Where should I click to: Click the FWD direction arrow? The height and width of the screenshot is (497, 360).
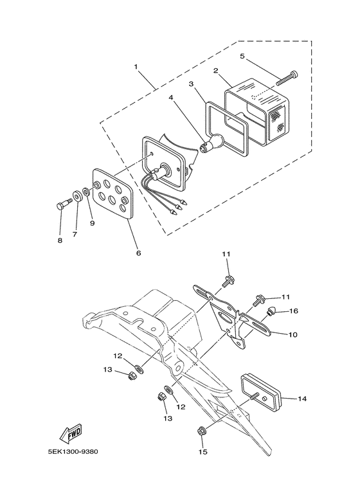(71, 433)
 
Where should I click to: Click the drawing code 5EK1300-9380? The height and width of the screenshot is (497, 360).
(73, 451)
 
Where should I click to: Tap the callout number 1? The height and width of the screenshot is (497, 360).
(136, 67)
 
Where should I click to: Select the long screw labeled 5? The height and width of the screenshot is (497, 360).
(287, 78)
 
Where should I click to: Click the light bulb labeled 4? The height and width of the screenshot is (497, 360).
(212, 143)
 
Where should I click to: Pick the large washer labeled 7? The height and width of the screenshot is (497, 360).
(77, 195)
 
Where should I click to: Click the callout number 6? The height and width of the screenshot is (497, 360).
(138, 253)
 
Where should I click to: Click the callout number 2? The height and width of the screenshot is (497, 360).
(215, 70)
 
